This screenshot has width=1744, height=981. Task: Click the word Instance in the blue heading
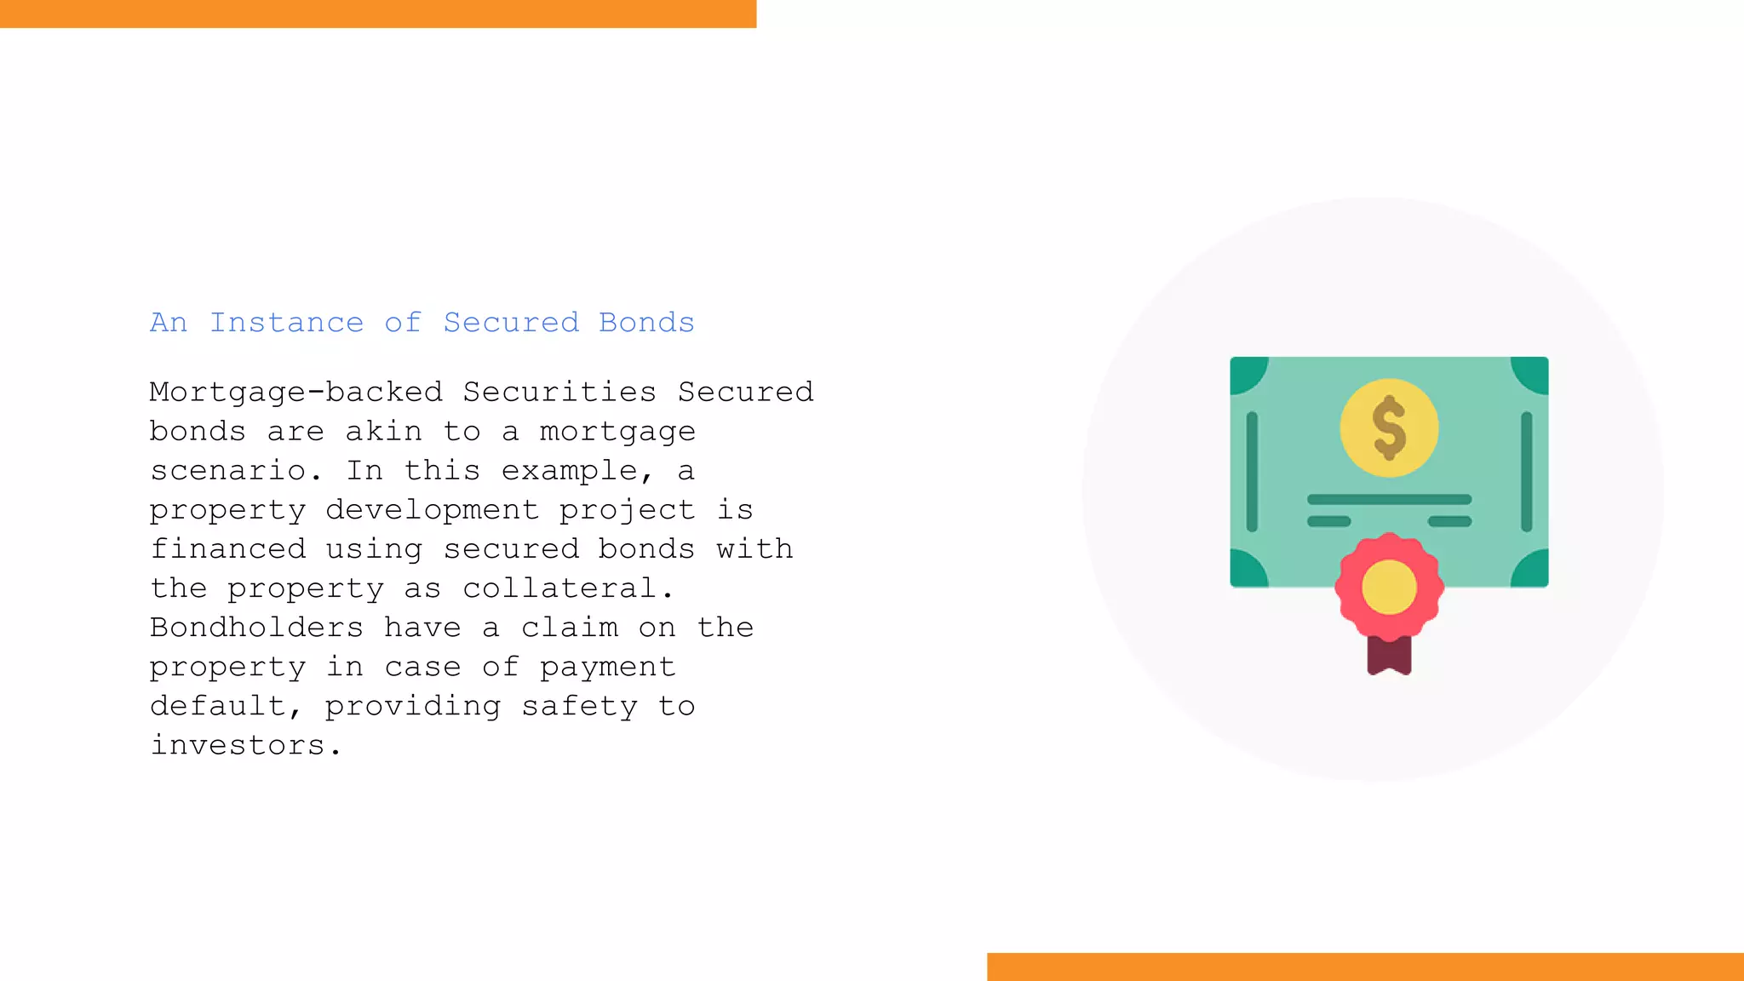(286, 323)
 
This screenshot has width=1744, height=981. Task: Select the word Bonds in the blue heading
(646, 323)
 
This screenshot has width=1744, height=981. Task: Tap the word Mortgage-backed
(296, 393)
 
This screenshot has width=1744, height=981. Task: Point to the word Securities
(559, 393)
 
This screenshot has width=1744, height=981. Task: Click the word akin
(383, 432)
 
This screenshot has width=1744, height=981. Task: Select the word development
(432, 510)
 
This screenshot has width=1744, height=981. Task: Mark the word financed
(228, 549)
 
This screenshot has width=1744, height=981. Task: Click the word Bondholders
(256, 628)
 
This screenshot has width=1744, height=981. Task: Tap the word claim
(570, 628)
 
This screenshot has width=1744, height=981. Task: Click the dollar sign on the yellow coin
(1389, 427)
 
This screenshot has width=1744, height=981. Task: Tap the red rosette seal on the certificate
(1389, 588)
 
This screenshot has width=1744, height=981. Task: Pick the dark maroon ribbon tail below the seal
(1389, 656)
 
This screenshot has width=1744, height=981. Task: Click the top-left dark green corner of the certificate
(1246, 372)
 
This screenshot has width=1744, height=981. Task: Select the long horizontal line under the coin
(1389, 499)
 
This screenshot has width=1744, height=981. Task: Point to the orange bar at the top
(378, 14)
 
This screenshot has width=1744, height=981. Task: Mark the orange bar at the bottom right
(1365, 967)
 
